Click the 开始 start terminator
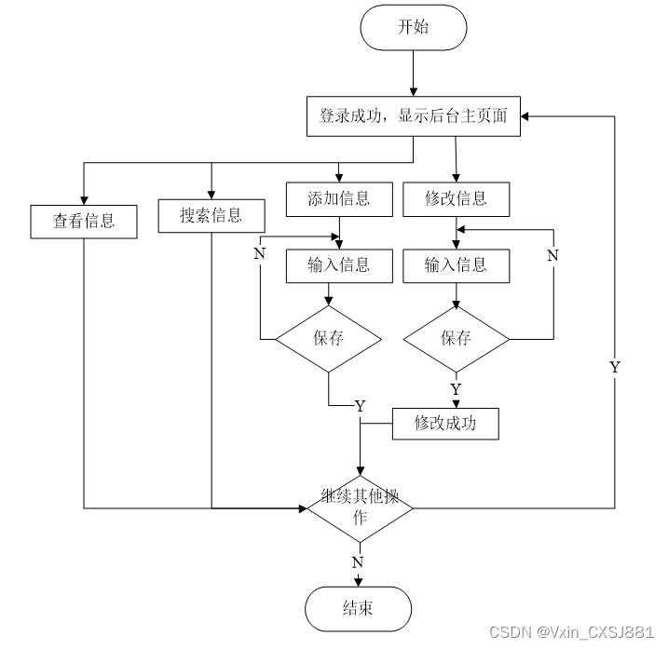[x=413, y=27]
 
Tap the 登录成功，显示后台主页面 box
[x=414, y=116]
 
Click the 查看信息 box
[x=84, y=221]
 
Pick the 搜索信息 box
[x=211, y=216]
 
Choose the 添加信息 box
[x=338, y=197]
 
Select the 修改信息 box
[x=456, y=197]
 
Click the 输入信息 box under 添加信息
[x=338, y=264]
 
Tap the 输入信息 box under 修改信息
[x=456, y=264]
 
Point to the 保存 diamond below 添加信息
[x=328, y=338]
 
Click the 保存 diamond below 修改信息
[x=456, y=338]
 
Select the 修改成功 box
[x=445, y=423]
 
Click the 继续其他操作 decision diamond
[x=359, y=507]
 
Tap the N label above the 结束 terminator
[x=358, y=561]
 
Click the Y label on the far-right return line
[x=614, y=367]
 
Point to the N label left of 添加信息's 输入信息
[x=260, y=251]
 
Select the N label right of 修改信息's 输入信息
[x=552, y=254]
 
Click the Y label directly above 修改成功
[x=456, y=388]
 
